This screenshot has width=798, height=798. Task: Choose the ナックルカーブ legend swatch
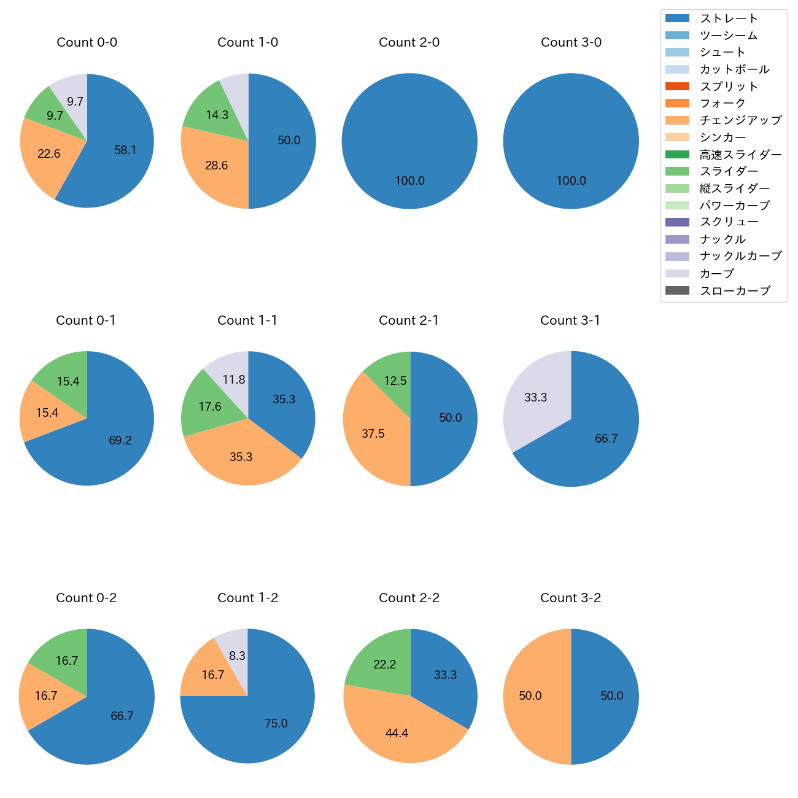pos(677,257)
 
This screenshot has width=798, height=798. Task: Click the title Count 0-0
pos(87,42)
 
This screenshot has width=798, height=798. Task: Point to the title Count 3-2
pos(571,598)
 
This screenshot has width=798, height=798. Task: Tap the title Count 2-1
pos(409,320)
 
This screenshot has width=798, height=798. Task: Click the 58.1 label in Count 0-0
pos(125,150)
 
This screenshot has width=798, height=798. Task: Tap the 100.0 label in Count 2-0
pos(409,181)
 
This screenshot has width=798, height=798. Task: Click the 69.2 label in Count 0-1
pos(120,441)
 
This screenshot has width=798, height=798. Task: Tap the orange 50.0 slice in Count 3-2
pos(532,696)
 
